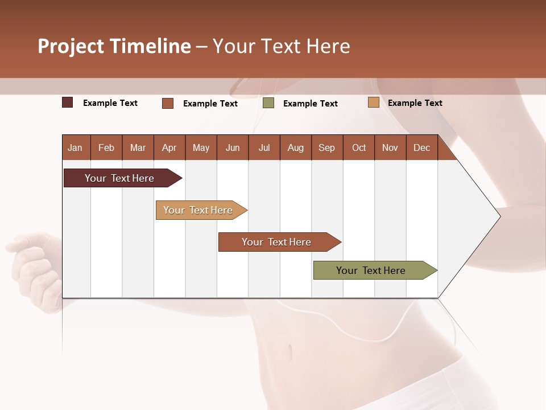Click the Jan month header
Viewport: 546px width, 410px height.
pyautogui.click(x=75, y=148)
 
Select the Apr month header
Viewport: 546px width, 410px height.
pyautogui.click(x=169, y=148)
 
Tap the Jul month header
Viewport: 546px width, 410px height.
pyautogui.click(x=264, y=148)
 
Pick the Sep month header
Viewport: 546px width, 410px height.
pyautogui.click(x=326, y=148)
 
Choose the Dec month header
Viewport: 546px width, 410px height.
pyautogui.click(x=421, y=148)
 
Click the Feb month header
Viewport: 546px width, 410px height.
pyautogui.click(x=106, y=148)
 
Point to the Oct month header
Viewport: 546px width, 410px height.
pyautogui.click(x=359, y=148)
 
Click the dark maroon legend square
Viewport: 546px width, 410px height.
pyautogui.click(x=68, y=102)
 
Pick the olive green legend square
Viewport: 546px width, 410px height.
pyautogui.click(x=268, y=103)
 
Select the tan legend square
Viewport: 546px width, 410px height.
pyautogui.click(x=373, y=102)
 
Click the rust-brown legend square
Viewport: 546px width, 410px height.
pyautogui.click(x=168, y=103)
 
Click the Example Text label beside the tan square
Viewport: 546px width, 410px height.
pyautogui.click(x=415, y=103)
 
